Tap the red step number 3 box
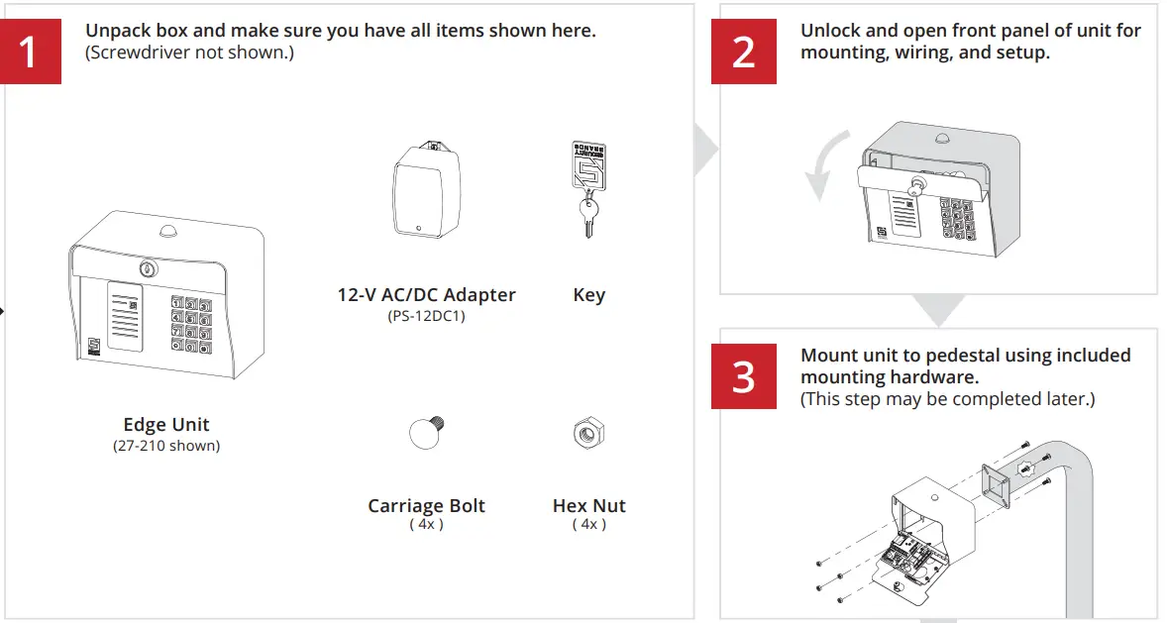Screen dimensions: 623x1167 tap(744, 376)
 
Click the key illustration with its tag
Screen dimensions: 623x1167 tap(588, 189)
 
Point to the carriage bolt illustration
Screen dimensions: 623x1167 tap(428, 433)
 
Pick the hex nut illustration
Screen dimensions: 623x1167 tap(589, 433)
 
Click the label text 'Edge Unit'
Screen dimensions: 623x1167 tap(166, 425)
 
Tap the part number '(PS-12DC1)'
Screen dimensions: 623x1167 tap(426, 317)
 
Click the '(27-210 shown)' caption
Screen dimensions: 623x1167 tap(166, 446)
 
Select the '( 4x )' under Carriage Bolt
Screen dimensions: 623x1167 tap(426, 525)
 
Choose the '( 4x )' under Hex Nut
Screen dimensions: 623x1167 tap(589, 525)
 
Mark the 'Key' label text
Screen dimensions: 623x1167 tap(588, 295)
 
